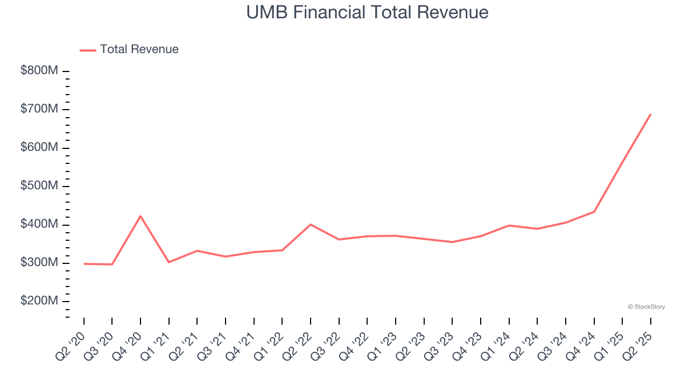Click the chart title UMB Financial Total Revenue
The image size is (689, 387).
coord(367,12)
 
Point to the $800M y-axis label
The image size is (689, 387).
coord(39,71)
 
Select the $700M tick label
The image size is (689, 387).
coord(39,109)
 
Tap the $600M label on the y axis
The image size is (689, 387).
coord(39,148)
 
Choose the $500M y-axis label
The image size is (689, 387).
coord(39,186)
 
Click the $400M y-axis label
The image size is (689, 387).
coord(39,224)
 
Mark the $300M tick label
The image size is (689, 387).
coord(39,263)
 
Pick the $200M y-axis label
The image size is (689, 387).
coord(39,301)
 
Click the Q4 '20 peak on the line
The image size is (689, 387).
coord(140,216)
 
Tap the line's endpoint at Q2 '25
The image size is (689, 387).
coord(650,114)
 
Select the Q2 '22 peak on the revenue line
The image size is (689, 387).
coord(311,224)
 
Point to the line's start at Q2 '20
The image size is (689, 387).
coord(84,264)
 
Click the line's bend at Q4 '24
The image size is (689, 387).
coord(594,212)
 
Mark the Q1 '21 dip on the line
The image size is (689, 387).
coord(169,262)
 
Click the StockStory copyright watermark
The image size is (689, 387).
coord(646,307)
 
